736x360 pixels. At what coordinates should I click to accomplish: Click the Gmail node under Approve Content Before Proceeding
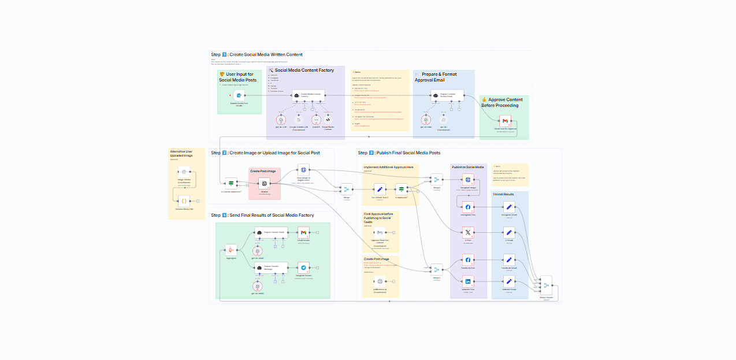pos(505,121)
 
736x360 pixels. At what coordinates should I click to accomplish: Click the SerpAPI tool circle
pos(316,120)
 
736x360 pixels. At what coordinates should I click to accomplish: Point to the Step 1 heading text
pos(257,55)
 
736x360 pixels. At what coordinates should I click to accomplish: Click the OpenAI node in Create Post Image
pos(263,183)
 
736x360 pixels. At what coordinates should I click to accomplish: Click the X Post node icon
pos(468,233)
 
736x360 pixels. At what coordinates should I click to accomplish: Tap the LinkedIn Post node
pos(468,281)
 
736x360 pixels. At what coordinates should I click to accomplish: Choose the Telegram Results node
pos(304,268)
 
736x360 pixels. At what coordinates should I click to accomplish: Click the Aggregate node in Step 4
pos(231,251)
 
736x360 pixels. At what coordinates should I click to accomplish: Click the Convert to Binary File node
pos(184,201)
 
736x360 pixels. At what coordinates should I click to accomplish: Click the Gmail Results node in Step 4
pos(304,233)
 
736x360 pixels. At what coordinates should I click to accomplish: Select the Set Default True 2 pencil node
pos(379,189)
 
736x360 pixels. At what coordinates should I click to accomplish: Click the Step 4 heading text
pos(262,215)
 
